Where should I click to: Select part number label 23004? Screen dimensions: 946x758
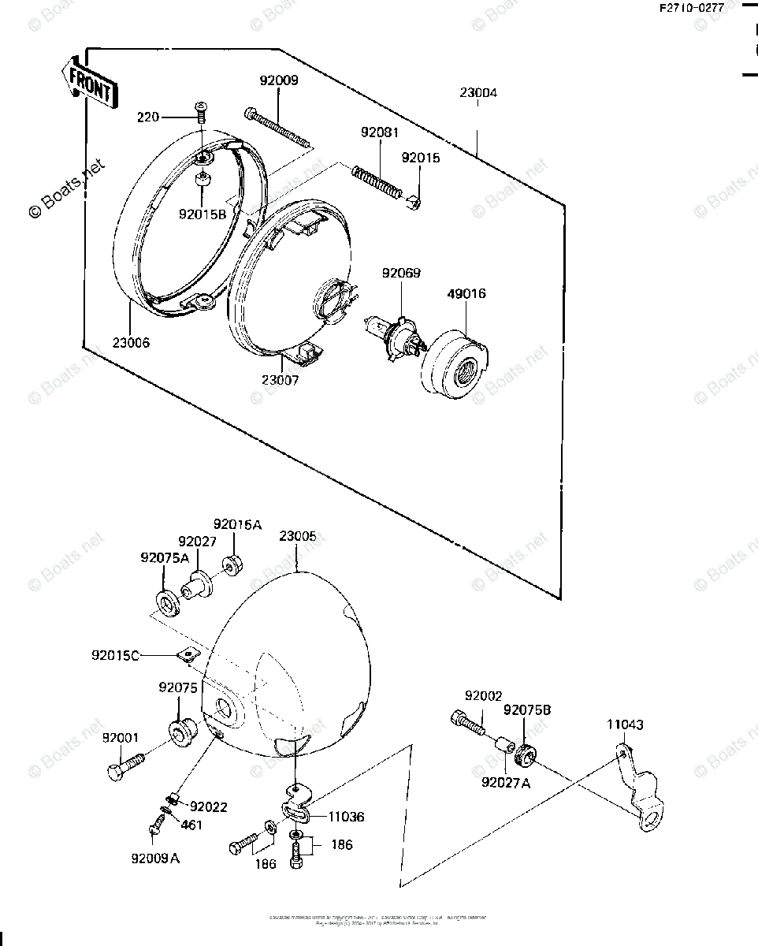pos(478,93)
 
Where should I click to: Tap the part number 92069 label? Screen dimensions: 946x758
pos(401,274)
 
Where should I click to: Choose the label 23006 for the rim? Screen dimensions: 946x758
pos(130,343)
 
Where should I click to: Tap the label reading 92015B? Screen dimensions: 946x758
pos(203,214)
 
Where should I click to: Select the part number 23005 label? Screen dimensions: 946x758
pos(297,536)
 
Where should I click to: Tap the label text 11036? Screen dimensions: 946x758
pos(346,818)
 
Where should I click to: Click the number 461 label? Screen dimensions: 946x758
pos(191,825)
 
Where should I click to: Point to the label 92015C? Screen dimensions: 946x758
pos(115,655)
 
